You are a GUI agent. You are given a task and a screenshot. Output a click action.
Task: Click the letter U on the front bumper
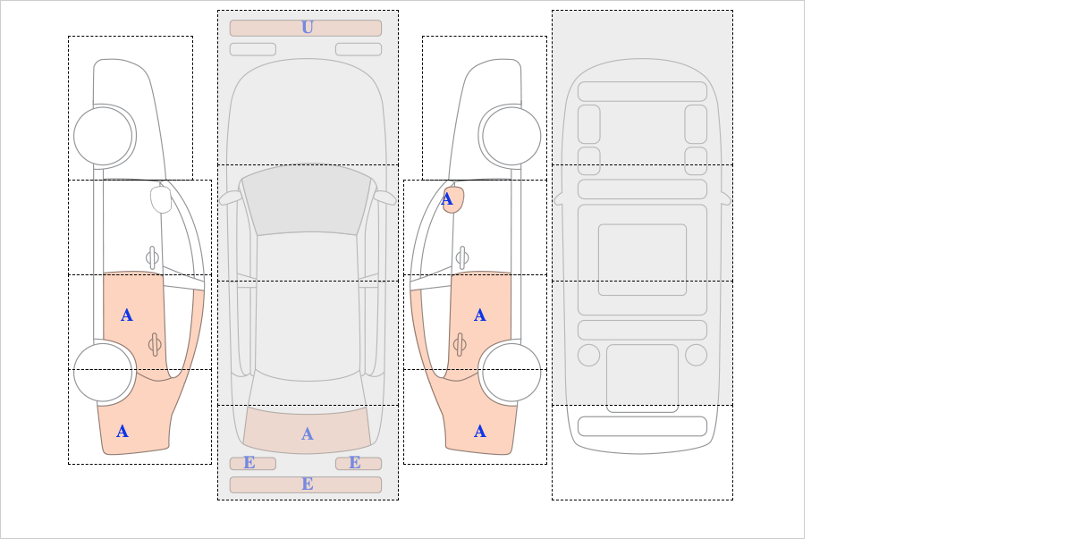tap(307, 28)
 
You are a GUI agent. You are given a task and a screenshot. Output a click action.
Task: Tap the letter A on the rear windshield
tap(307, 433)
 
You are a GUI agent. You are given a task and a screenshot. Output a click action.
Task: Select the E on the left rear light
tap(249, 463)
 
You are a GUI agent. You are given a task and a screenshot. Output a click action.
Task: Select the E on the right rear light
tap(355, 463)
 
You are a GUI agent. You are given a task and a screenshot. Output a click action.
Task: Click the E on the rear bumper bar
tap(307, 484)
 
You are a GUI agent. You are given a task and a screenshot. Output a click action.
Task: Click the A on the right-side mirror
tap(448, 199)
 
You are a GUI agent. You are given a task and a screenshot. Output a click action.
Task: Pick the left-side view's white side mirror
tap(161, 199)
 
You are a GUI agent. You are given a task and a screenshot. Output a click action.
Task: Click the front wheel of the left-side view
tap(104, 137)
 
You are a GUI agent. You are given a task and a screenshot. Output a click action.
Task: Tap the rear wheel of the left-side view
tap(104, 372)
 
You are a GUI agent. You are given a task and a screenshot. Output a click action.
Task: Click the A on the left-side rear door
tap(127, 315)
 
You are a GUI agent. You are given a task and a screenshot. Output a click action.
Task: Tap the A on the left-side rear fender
tap(123, 432)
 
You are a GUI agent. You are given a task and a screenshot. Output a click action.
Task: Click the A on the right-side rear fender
tap(480, 432)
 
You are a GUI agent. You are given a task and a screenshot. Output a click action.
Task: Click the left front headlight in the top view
tap(252, 49)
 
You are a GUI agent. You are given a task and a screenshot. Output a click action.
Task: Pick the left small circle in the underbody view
tap(588, 355)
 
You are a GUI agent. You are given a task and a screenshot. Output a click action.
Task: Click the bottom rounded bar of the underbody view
tap(642, 425)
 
